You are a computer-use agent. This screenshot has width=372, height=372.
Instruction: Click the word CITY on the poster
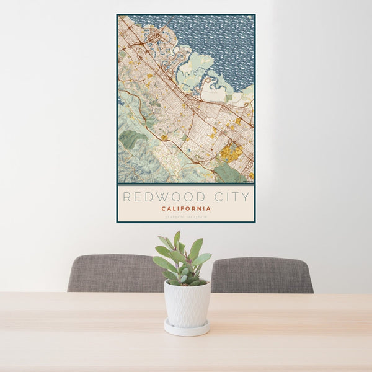(231, 197)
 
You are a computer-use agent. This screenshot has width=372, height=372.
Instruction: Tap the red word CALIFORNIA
(186, 209)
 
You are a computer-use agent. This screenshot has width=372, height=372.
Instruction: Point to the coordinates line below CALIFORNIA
(186, 216)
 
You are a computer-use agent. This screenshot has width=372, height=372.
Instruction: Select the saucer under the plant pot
(187, 329)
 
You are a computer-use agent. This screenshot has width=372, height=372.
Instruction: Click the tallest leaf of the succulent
(177, 239)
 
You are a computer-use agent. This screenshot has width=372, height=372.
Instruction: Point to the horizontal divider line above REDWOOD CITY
(186, 184)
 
